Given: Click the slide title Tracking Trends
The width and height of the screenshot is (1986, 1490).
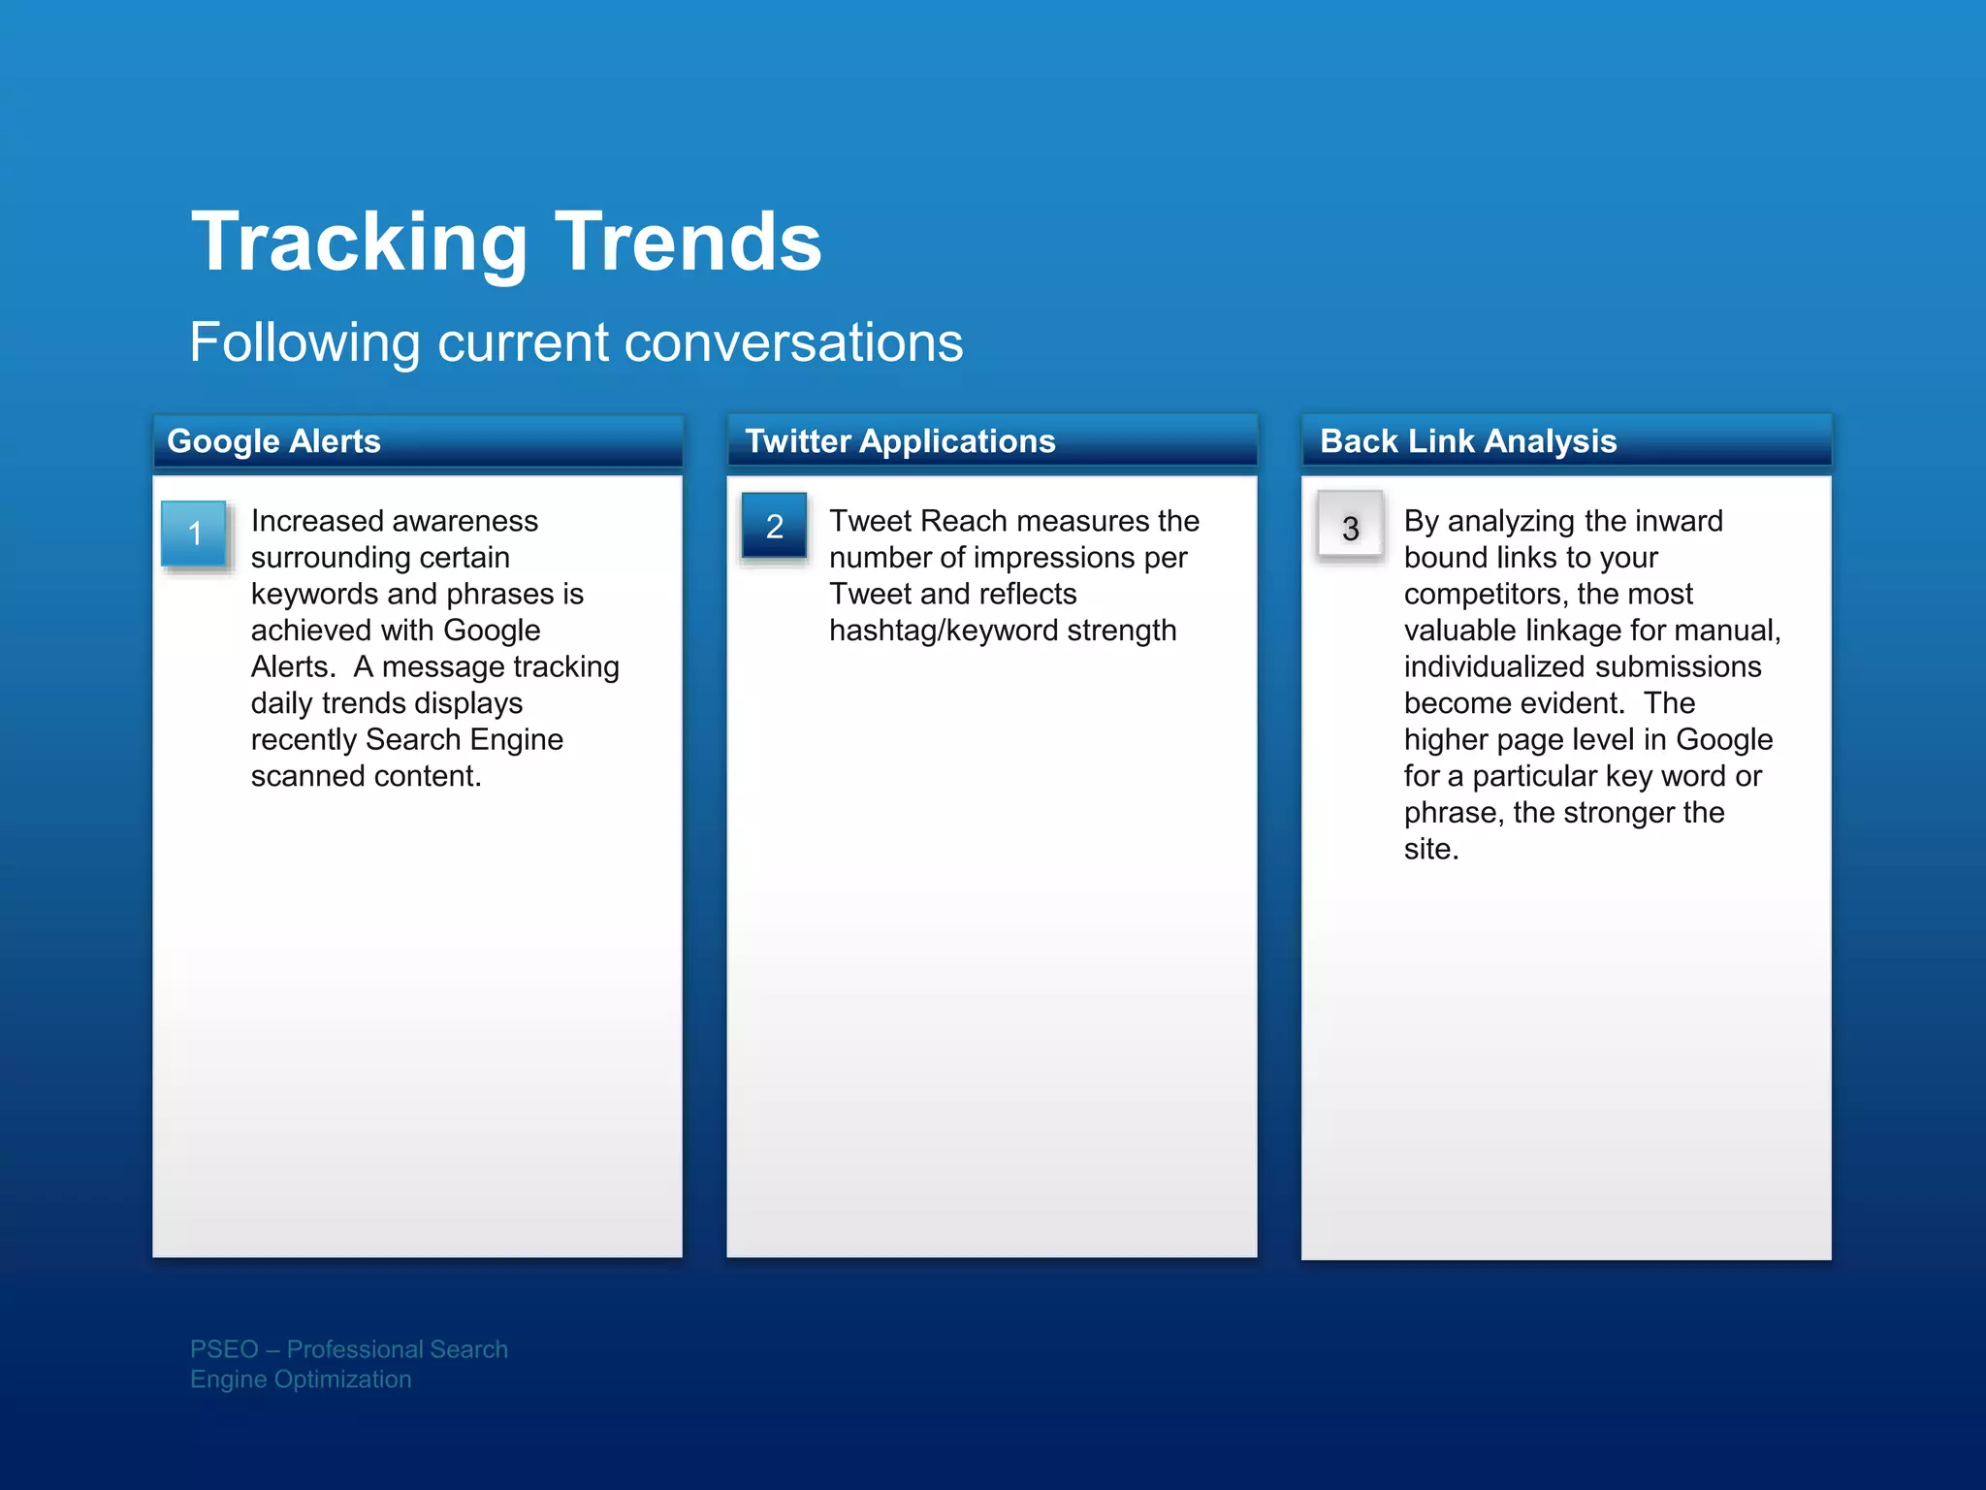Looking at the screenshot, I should [506, 243].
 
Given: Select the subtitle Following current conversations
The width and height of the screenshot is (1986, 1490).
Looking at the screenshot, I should [576, 342].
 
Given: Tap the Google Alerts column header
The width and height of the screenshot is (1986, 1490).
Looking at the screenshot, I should [273, 441].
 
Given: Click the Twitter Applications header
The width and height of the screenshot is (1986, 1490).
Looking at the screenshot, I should [900, 441].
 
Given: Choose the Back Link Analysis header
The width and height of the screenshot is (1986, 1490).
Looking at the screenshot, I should [1468, 441].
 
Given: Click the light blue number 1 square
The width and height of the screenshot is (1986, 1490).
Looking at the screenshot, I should [194, 533].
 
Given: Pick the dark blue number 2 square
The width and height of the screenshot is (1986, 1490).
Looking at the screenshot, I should [774, 527].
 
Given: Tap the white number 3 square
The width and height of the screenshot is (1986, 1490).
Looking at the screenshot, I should [1350, 527].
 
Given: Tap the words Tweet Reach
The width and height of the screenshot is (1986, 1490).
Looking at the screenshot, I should [917, 521].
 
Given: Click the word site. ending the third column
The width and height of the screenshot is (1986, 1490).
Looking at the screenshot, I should [1430, 849].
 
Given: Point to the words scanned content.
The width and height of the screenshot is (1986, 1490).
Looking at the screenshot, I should [366, 776].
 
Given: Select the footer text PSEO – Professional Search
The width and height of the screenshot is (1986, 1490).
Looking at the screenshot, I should [349, 1349].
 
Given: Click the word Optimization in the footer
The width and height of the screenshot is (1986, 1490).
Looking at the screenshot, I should [342, 1379].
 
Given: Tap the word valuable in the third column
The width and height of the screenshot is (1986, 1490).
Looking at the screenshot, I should [1460, 631].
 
